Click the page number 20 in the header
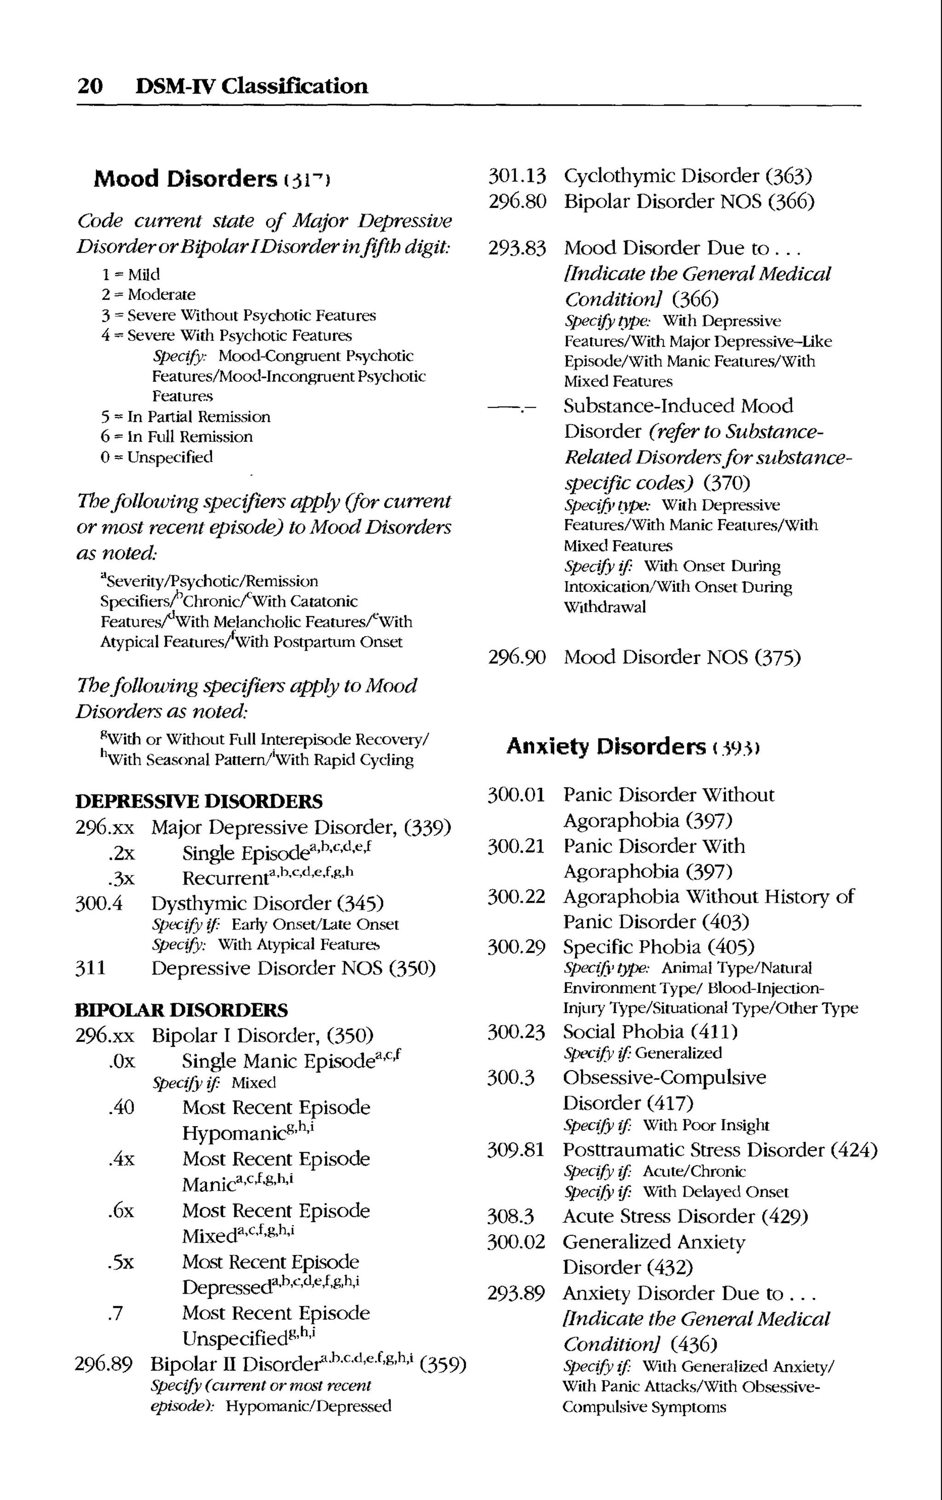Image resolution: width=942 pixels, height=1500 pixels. point(90,86)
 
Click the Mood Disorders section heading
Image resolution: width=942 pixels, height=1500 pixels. point(185,179)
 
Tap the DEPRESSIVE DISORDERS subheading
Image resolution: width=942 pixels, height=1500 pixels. point(199,801)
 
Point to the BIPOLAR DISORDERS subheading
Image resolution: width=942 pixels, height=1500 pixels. point(181,1009)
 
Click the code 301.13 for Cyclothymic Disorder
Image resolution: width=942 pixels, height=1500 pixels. point(517,176)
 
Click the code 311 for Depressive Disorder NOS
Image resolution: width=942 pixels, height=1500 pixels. point(90,968)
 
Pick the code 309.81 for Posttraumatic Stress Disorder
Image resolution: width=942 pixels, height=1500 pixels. point(516,1150)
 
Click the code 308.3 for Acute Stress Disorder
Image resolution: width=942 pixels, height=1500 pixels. point(510,1216)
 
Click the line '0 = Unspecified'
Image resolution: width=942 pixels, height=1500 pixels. point(156,457)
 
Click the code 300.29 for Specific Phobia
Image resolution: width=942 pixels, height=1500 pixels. point(516,947)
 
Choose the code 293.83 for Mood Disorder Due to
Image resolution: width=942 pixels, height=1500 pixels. point(517,248)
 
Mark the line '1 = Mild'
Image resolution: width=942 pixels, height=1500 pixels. point(130,274)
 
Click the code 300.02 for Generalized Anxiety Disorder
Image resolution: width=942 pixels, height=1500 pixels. point(516,1242)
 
